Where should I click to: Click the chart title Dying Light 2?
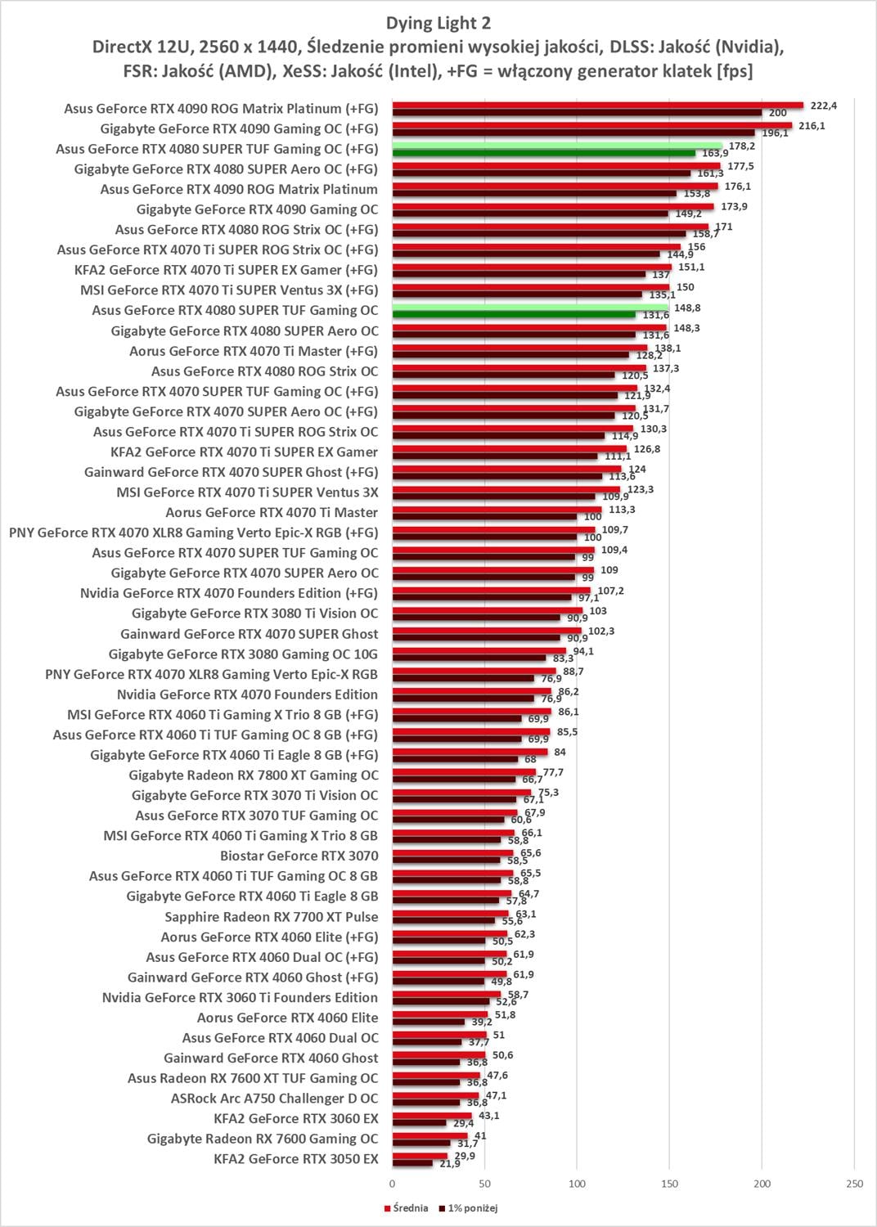[x=438, y=23]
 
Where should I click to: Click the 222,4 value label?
[x=823, y=106]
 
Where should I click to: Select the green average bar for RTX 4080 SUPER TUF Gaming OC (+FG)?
[x=556, y=146]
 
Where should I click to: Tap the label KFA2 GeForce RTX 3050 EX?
[x=295, y=1159]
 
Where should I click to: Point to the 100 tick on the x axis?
[x=578, y=1184]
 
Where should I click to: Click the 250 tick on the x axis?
[x=854, y=1184]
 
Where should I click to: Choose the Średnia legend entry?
[x=407, y=1208]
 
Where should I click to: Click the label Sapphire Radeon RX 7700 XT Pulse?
[x=271, y=917]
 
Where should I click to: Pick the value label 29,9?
[x=464, y=1155]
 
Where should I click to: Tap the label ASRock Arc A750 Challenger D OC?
[x=274, y=1099]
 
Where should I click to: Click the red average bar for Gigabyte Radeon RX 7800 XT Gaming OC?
[x=464, y=772]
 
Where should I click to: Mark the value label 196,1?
[x=775, y=133]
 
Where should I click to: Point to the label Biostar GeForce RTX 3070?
[x=299, y=856]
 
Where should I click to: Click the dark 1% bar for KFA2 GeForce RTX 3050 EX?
[x=412, y=1163]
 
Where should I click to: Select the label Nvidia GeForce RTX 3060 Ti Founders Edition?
[x=240, y=998]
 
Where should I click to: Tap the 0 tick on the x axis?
[x=393, y=1184]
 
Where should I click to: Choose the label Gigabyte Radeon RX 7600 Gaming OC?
[x=263, y=1139]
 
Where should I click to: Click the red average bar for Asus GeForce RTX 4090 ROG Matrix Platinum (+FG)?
[x=597, y=105]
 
